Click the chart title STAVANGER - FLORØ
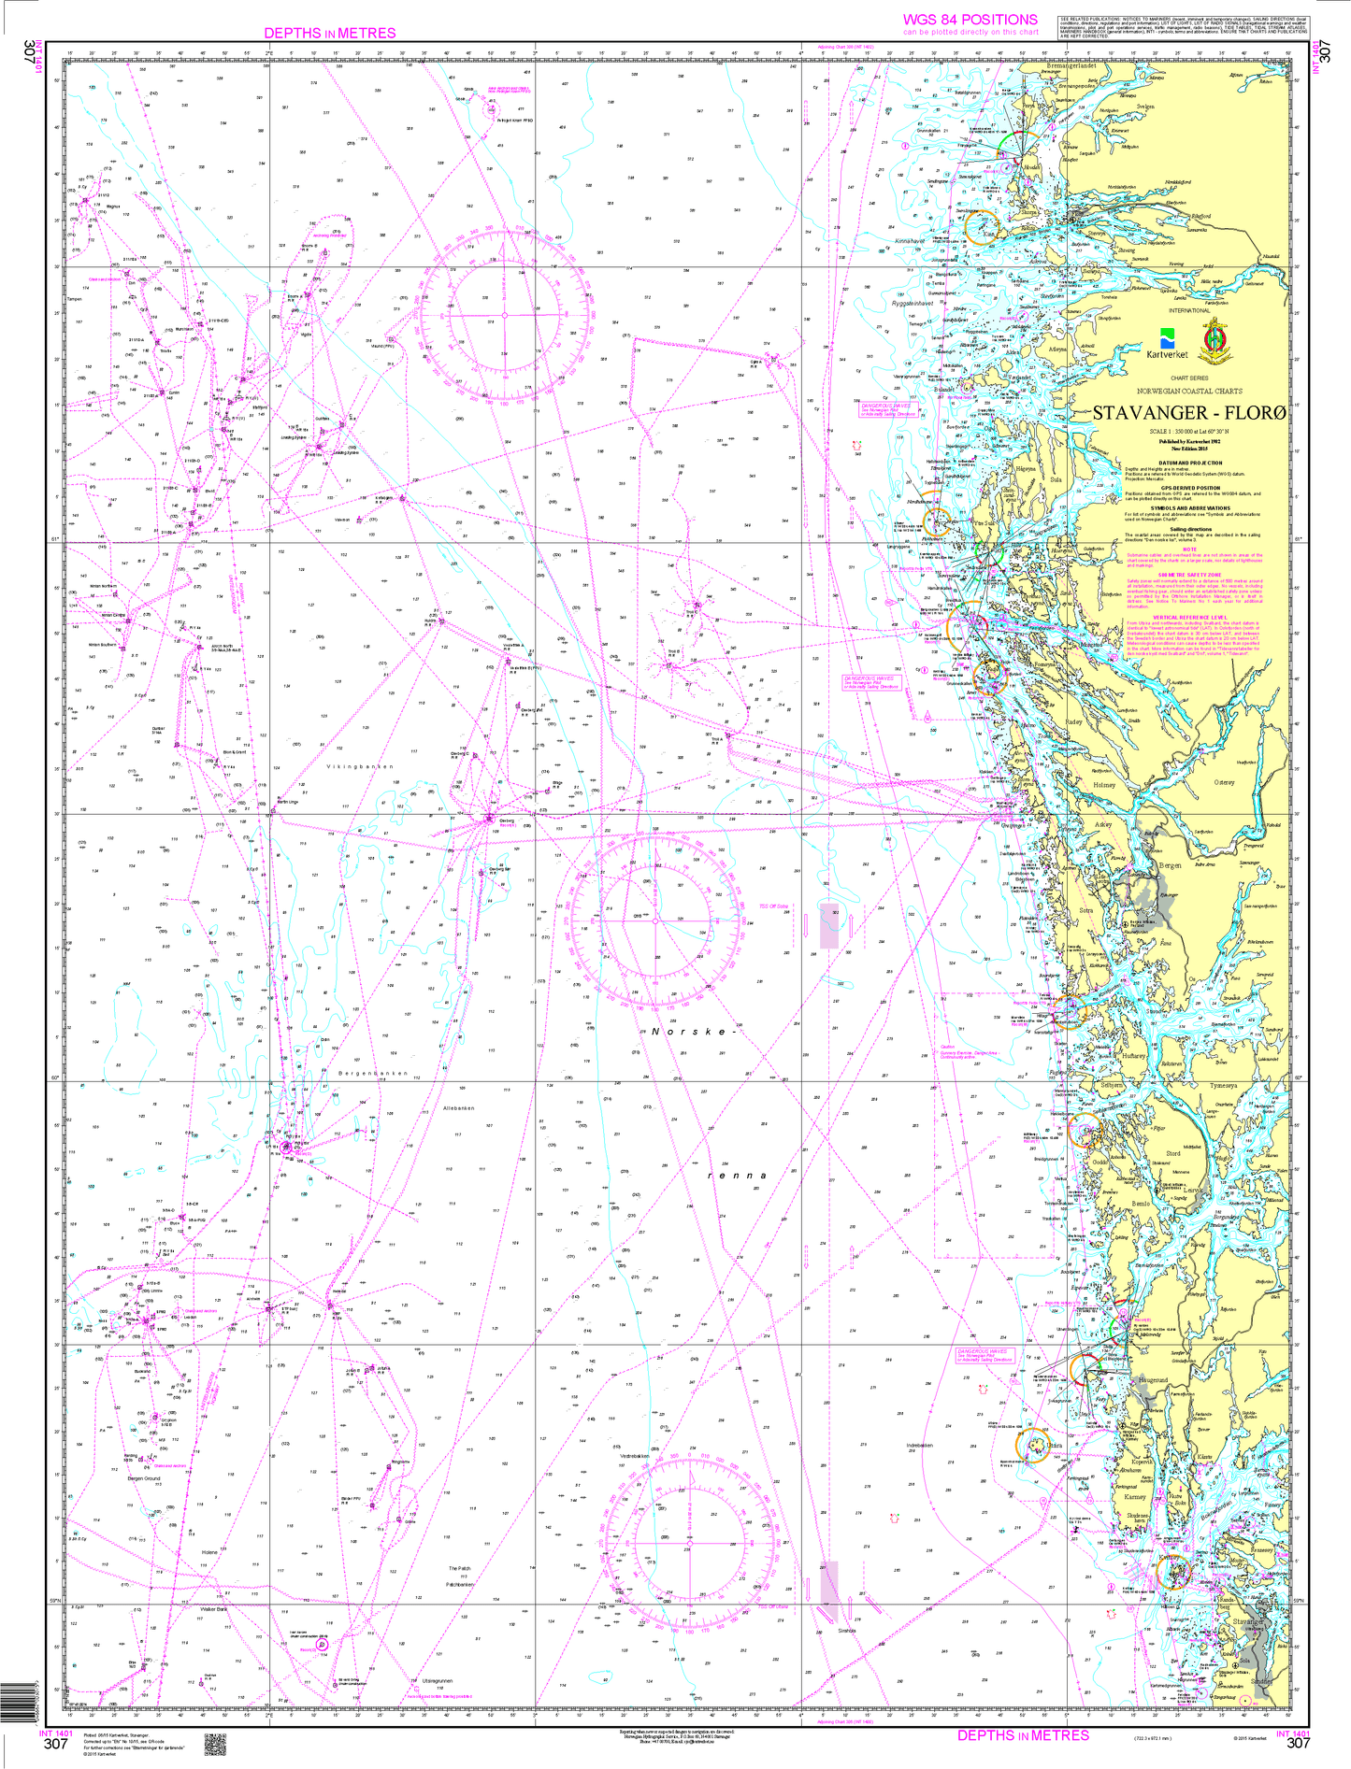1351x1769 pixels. point(1189,413)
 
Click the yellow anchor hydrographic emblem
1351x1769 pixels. point(1214,338)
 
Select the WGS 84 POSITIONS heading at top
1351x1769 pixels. point(970,20)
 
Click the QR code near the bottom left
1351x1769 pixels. point(215,1743)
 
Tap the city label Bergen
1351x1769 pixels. point(1170,864)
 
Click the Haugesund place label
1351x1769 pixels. point(1154,1379)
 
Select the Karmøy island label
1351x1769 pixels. point(1135,1495)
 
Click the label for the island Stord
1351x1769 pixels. point(1172,1153)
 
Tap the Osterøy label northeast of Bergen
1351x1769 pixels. point(1224,782)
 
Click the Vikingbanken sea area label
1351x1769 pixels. point(360,766)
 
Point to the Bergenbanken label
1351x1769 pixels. point(373,1074)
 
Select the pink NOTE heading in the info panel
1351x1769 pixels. point(1189,549)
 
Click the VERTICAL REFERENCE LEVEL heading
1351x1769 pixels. point(1189,617)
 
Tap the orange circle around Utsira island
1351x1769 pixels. point(1032,1446)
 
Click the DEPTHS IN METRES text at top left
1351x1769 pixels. point(330,33)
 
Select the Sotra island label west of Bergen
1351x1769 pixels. point(1086,909)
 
